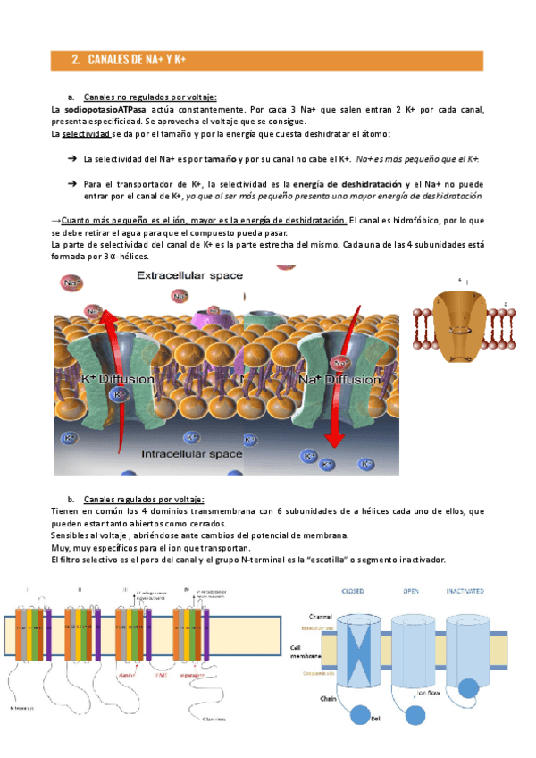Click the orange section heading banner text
[134, 60]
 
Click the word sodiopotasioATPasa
[98, 109]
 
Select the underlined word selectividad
[86, 134]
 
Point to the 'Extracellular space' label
[188, 276]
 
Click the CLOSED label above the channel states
[355, 591]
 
